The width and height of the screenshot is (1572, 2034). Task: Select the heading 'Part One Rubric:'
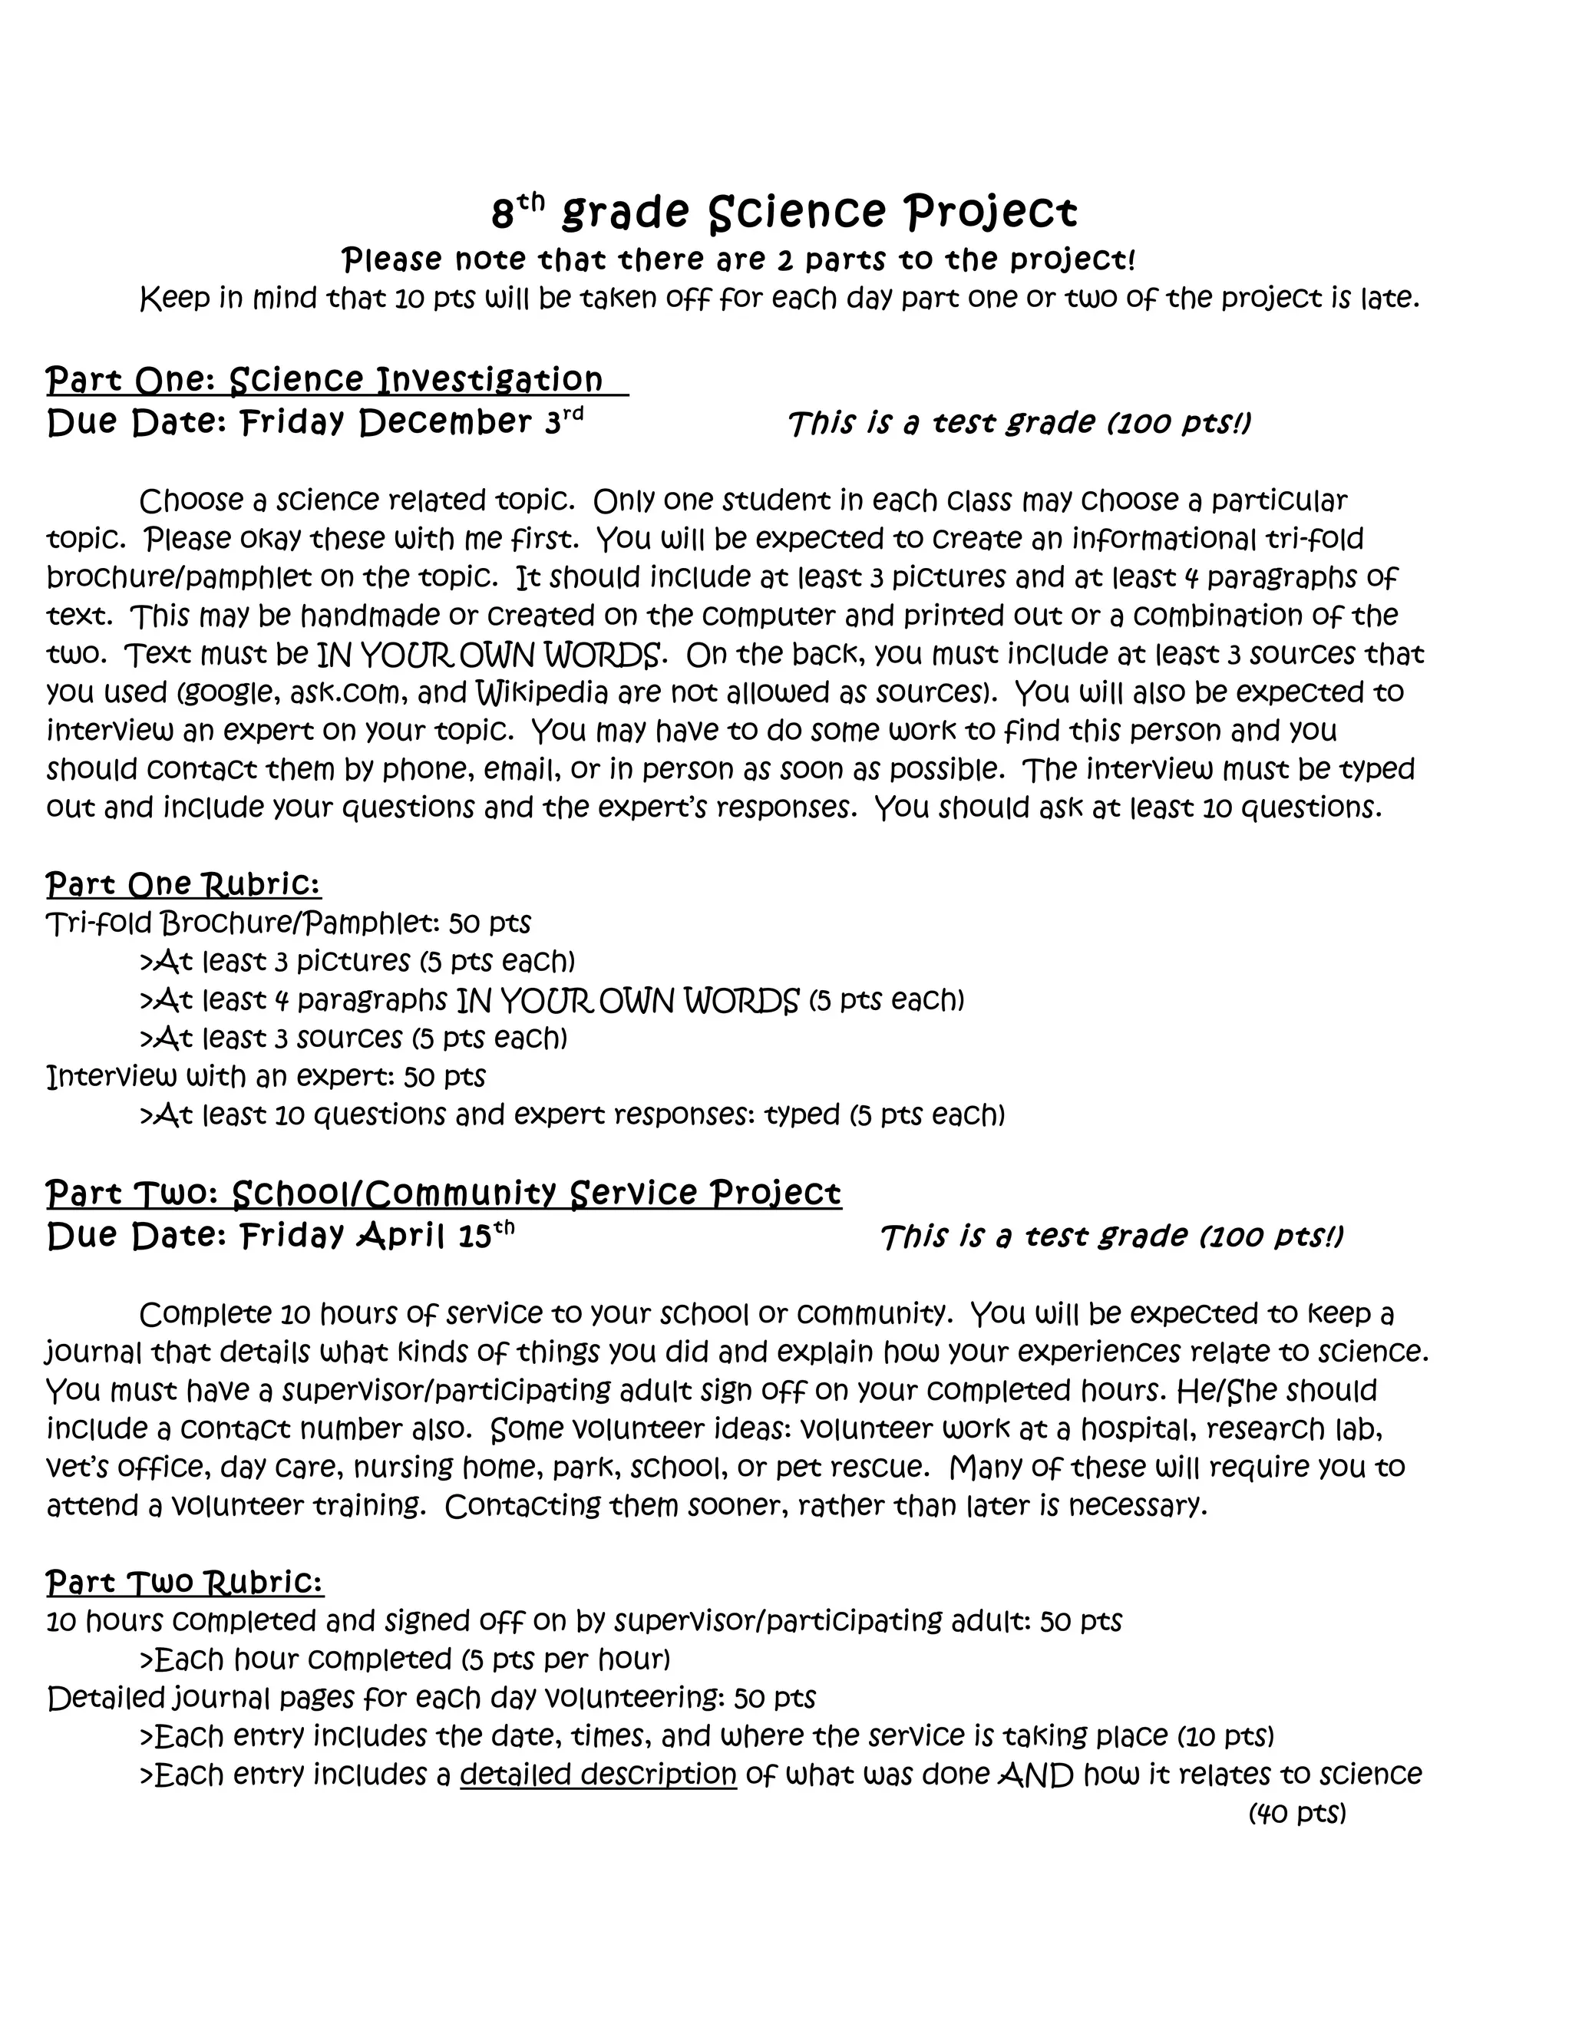(183, 883)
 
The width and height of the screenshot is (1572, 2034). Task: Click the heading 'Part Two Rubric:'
(184, 1583)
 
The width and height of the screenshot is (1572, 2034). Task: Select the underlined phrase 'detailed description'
(598, 1774)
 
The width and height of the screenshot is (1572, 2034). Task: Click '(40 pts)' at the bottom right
(1297, 1813)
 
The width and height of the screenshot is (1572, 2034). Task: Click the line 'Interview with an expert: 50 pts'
(266, 1077)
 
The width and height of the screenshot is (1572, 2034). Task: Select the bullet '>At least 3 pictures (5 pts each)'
(357, 961)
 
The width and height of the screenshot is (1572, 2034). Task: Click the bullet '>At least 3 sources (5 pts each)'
(353, 1038)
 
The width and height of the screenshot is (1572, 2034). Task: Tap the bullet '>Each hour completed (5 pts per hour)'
(405, 1659)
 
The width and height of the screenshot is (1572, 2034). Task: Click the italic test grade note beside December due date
(1019, 424)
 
